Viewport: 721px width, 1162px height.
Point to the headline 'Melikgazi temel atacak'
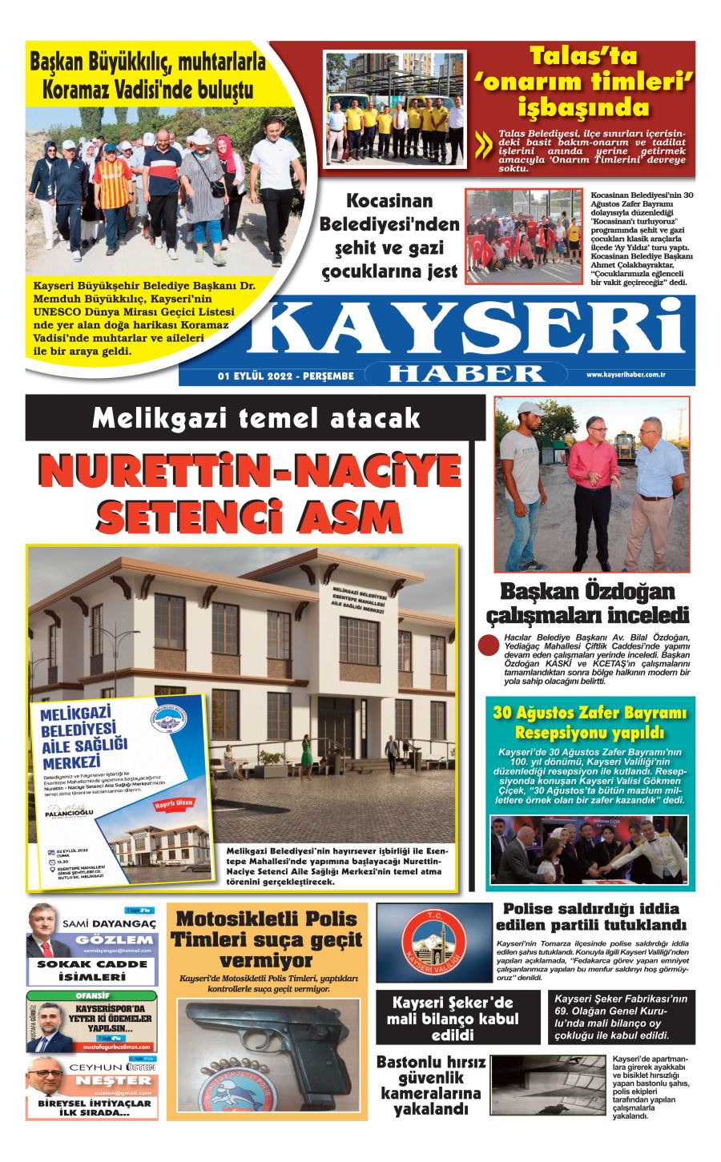tap(256, 417)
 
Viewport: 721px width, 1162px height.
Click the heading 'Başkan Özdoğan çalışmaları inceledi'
tap(588, 604)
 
